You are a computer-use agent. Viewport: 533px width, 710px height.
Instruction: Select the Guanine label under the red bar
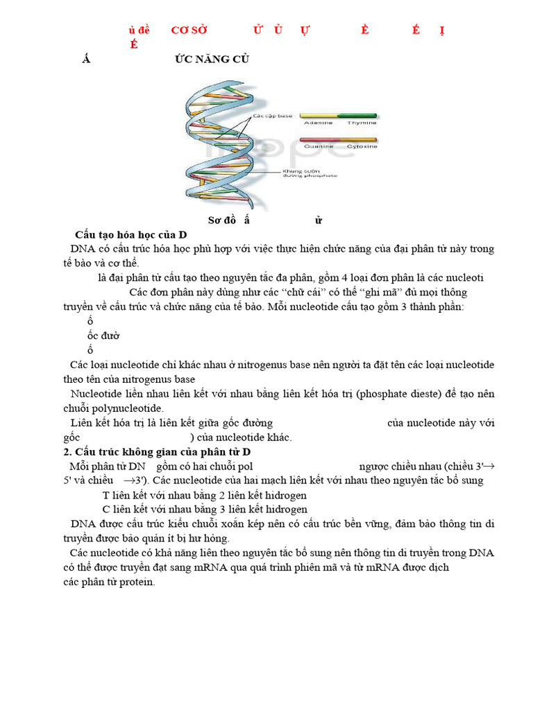tap(319, 146)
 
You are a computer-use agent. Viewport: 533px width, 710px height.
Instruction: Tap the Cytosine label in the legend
tap(362, 146)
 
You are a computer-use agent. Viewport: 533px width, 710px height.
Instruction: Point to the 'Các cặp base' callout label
tap(273, 116)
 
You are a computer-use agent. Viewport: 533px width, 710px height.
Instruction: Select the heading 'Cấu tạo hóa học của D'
tap(131, 234)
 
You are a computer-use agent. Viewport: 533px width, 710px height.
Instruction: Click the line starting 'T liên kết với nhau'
tap(204, 495)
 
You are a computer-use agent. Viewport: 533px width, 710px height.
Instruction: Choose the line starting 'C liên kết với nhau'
tap(204, 509)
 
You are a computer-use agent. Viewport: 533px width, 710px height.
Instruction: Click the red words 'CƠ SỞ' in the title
tap(189, 30)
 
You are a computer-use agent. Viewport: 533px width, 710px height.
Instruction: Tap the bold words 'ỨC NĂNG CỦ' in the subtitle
tap(211, 59)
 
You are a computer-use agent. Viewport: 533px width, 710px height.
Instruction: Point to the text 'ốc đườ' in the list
tap(103, 336)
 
